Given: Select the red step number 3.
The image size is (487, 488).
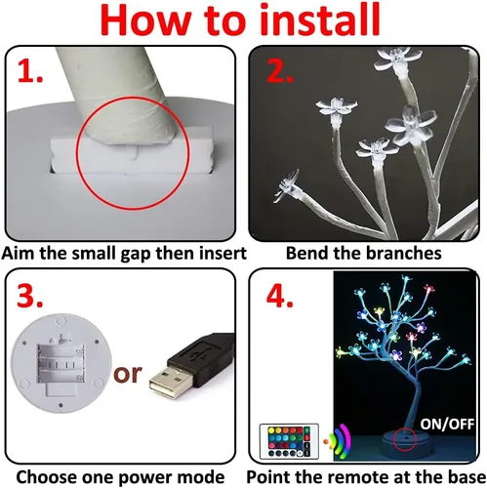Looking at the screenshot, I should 32,297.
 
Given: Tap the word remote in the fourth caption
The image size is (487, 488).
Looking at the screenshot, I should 366,477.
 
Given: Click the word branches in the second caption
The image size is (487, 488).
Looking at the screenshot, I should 399,252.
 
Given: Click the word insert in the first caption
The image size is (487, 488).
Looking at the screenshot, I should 206,252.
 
